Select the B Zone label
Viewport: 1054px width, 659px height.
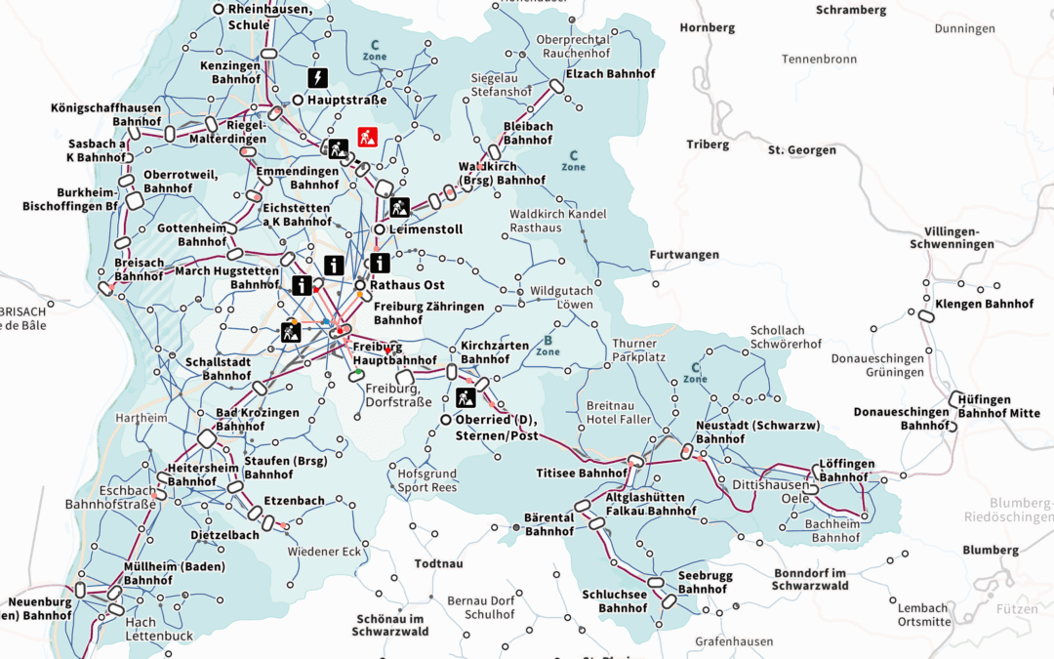point(547,346)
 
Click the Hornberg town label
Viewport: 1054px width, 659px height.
point(707,27)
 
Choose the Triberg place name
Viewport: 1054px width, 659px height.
point(707,144)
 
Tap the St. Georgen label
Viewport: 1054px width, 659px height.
point(801,150)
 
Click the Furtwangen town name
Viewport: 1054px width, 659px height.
point(684,255)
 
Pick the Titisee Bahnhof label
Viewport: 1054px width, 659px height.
point(582,473)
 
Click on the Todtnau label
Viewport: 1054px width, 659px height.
point(438,563)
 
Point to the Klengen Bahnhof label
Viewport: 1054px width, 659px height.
point(984,304)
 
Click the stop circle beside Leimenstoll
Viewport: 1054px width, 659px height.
point(379,229)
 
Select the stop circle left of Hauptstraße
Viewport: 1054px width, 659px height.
point(298,100)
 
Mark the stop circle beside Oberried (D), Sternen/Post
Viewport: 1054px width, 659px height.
point(446,420)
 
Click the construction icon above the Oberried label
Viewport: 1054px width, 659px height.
point(466,397)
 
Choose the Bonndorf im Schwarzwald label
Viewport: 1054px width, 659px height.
point(809,579)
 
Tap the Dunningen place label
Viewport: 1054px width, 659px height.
point(964,28)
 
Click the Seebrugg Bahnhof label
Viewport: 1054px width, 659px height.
point(702,583)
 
